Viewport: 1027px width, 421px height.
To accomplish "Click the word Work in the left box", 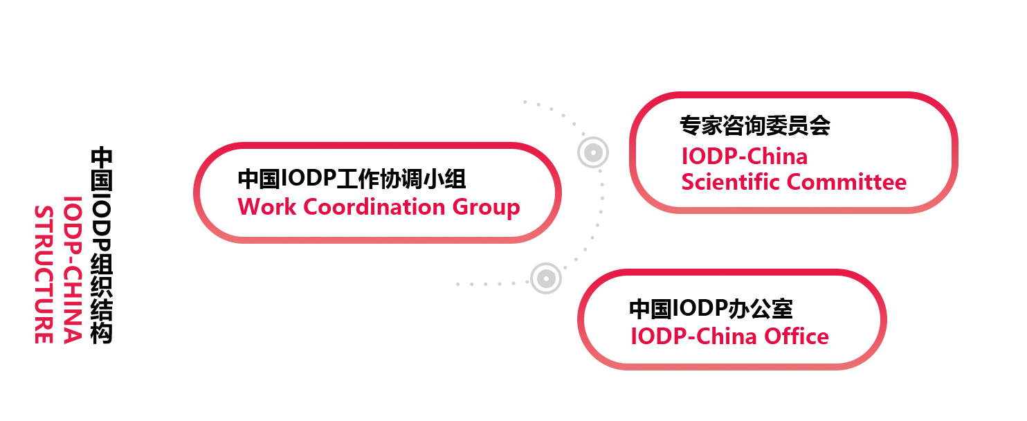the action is point(267,207).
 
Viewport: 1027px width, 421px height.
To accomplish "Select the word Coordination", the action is point(374,207).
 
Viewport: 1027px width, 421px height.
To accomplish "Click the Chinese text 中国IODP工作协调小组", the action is point(352,179).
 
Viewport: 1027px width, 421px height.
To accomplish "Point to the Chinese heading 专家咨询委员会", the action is point(754,125).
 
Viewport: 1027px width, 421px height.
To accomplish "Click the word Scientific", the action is point(730,182).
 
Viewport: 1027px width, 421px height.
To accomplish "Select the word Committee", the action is point(847,182).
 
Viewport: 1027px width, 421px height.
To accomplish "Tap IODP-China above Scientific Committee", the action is point(744,156).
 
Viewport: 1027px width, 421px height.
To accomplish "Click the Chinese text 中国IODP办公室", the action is point(711,309).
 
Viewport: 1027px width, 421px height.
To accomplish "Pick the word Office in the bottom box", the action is point(796,336).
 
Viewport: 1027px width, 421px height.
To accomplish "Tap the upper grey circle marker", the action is point(593,152).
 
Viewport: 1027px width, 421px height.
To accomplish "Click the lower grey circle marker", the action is point(545,278).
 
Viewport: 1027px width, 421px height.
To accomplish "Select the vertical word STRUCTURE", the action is point(44,274).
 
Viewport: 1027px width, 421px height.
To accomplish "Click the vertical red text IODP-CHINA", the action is point(73,269).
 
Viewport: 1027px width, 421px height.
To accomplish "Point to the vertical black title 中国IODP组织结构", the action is point(101,245).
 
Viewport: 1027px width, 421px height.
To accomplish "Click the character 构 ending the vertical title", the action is point(101,333).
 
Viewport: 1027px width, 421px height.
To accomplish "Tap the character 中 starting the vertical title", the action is point(101,158).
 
